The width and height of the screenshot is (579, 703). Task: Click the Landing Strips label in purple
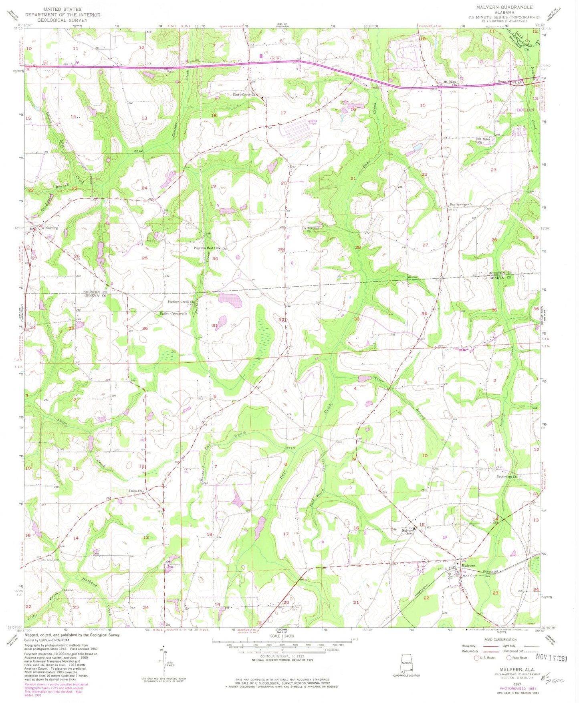pyautogui.click(x=312, y=122)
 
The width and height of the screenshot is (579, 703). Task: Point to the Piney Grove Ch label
pyautogui.click(x=247, y=95)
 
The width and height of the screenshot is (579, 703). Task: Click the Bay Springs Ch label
pyautogui.click(x=461, y=204)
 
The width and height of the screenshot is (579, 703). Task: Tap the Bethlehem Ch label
pyautogui.click(x=508, y=476)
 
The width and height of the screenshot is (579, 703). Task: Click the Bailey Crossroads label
pyautogui.click(x=171, y=313)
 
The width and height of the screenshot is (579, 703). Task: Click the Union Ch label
pyautogui.click(x=135, y=490)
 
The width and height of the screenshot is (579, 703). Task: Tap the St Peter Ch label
pyautogui.click(x=484, y=141)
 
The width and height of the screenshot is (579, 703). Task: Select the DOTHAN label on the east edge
pyautogui.click(x=525, y=110)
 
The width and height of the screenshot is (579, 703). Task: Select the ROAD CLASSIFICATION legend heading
pyautogui.click(x=499, y=639)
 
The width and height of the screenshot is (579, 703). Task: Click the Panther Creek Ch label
pyautogui.click(x=180, y=302)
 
